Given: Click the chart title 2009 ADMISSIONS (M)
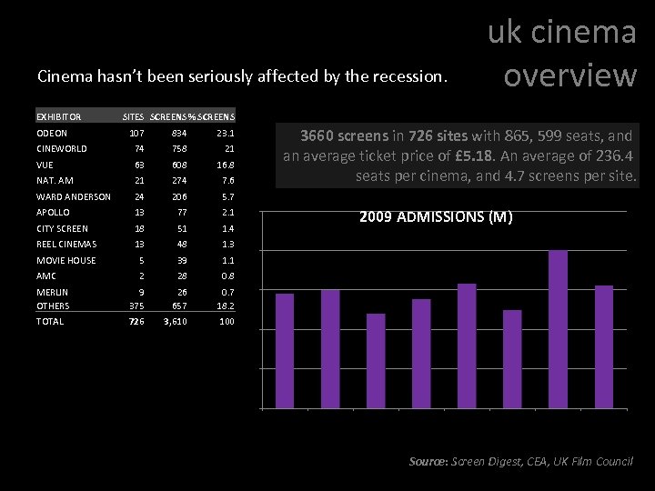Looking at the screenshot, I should point(436,217).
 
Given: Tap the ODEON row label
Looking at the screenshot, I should point(52,134).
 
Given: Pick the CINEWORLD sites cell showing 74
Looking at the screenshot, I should point(139,148).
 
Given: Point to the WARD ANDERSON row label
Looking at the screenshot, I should point(74,196).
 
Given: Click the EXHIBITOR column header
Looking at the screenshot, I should point(59,116).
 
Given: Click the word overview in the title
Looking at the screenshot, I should point(569,75).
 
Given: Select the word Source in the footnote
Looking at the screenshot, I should point(428,462).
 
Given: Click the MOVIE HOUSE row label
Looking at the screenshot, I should point(66,260).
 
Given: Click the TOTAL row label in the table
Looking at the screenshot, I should point(51,322).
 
